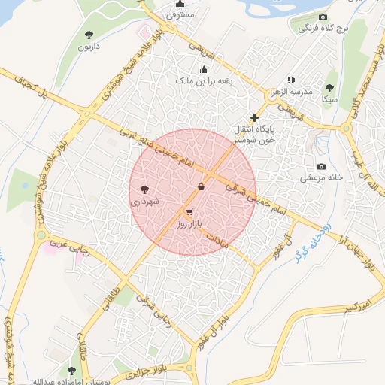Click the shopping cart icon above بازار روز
pos(189,213)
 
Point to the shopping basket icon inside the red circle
pos(201,186)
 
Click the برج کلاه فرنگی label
pos(316,29)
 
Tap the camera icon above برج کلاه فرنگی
pos(323,17)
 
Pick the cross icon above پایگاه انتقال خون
pos(254,117)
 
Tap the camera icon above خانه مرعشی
pos(322,166)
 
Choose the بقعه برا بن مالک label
pos(204,80)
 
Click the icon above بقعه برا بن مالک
pos(204,69)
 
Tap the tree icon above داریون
pos(89,34)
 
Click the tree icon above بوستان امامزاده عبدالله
pos(72,370)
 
